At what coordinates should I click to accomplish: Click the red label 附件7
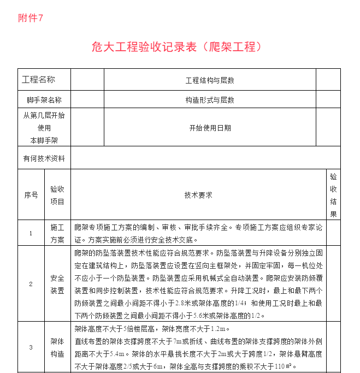31,18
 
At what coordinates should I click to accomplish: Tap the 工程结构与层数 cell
210,80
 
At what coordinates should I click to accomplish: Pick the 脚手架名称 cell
44,100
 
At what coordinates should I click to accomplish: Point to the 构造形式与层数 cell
210,100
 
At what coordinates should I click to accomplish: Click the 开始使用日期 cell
210,128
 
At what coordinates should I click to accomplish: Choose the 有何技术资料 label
44,158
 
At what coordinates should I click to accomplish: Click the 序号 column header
31,194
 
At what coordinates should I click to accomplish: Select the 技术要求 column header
198,194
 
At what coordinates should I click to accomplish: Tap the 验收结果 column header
333,195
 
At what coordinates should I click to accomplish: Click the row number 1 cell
31,233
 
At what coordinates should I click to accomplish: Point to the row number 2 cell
31,284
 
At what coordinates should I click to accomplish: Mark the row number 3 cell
31,347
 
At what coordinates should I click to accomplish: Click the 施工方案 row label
57,233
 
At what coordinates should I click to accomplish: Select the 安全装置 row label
57,284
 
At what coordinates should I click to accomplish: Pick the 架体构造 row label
57,347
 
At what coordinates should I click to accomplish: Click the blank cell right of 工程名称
87,80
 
